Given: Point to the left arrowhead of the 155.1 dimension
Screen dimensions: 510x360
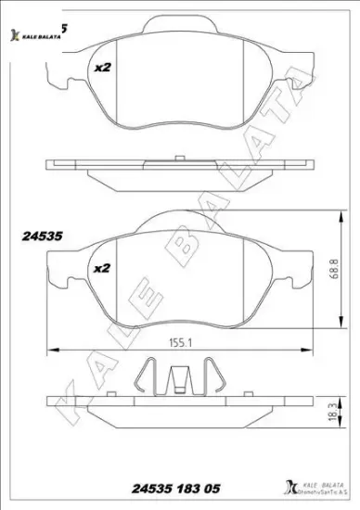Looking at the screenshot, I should [x=51, y=350].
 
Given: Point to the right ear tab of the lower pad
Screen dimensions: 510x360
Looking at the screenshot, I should [x=296, y=275].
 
